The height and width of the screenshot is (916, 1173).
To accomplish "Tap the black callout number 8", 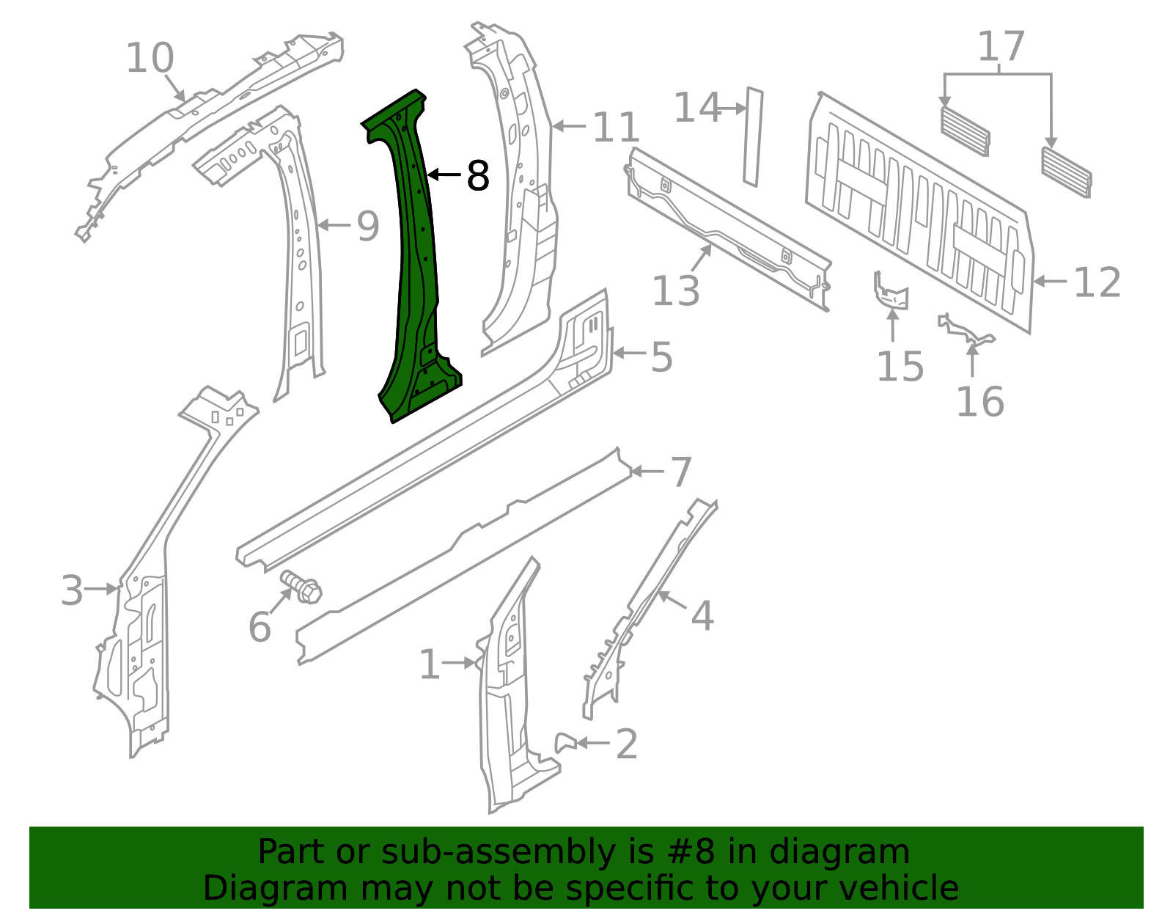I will (478, 176).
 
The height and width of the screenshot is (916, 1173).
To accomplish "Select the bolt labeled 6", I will (302, 587).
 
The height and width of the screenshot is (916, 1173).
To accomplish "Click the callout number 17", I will (1001, 47).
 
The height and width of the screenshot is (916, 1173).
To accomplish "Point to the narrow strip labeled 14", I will (753, 136).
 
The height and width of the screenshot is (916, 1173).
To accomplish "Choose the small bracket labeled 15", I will (891, 292).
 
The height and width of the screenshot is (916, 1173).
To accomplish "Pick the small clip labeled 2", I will (565, 741).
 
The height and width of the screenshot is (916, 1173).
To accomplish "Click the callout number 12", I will (1097, 282).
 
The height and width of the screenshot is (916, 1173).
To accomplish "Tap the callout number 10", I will (150, 58).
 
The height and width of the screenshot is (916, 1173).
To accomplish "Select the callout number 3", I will (72, 590).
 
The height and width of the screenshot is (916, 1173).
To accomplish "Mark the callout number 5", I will (661, 356).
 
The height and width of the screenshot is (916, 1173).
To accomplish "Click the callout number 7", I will (681, 472).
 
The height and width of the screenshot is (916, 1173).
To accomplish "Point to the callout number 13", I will (675, 290).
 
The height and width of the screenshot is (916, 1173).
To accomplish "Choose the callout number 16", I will (979, 402).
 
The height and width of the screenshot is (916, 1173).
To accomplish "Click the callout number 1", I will (430, 664).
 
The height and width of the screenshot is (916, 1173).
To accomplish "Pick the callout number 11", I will (616, 128).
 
